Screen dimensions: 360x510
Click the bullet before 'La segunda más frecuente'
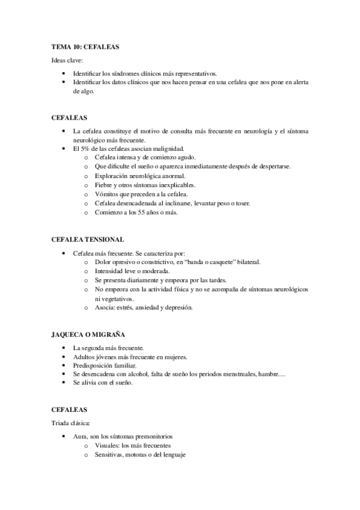[64, 348]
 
